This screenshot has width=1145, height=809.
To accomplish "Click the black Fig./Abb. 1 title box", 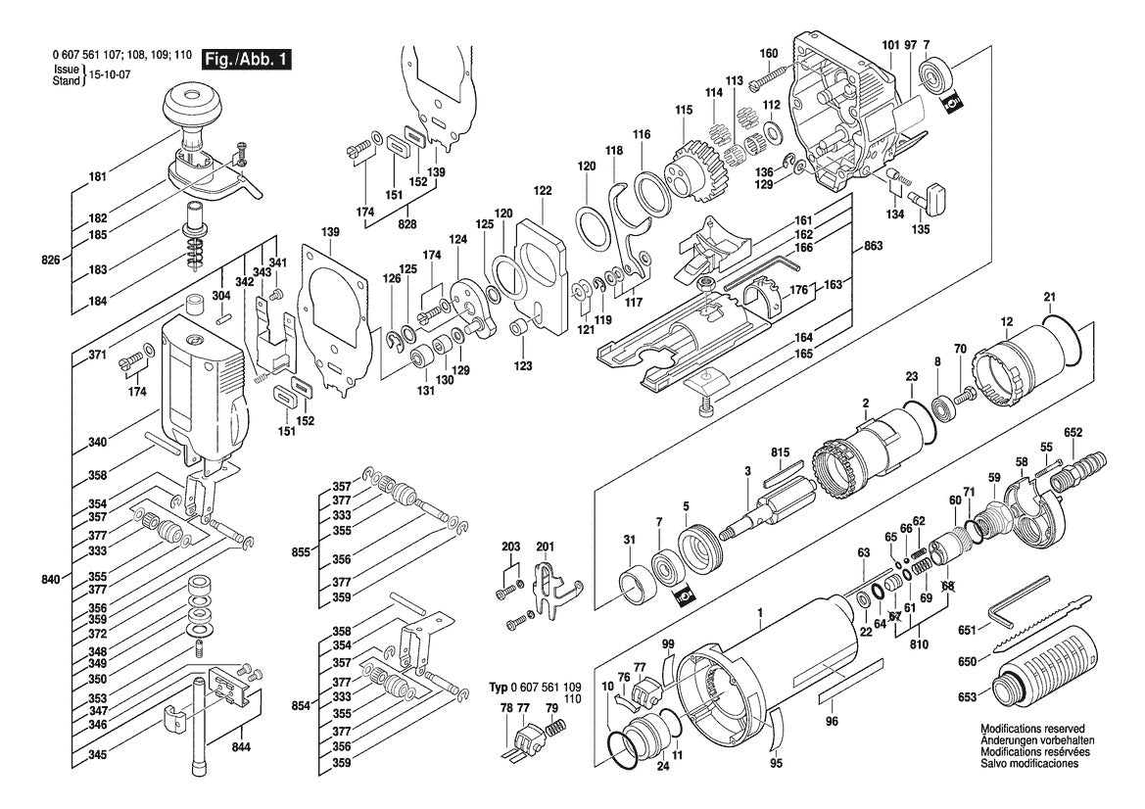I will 245,60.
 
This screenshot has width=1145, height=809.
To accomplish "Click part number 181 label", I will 97,177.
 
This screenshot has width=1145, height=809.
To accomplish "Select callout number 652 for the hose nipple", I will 1073,432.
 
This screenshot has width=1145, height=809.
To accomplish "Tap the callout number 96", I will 832,723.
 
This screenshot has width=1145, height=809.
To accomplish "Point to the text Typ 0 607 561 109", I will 534,689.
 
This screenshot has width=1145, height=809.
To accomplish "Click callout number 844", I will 241,747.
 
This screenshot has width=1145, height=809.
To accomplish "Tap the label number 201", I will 545,546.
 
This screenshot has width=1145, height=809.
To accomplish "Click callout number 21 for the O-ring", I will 1049,297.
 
